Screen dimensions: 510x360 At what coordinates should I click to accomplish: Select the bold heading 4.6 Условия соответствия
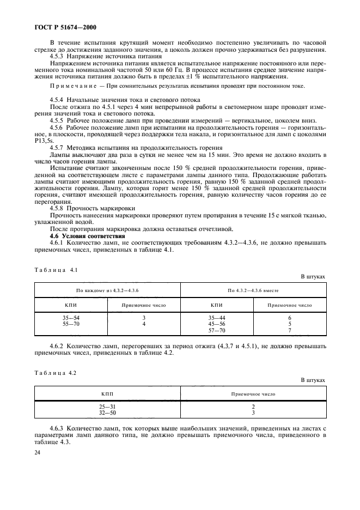[88, 236]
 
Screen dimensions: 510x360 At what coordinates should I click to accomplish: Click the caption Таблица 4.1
[56, 270]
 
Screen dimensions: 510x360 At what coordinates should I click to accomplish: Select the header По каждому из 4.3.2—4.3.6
[107, 290]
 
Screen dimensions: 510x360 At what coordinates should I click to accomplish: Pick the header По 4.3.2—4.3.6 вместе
[253, 290]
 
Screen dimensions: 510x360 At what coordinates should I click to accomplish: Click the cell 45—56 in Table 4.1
[216, 324]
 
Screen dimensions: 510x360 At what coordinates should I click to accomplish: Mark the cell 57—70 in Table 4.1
[216, 330]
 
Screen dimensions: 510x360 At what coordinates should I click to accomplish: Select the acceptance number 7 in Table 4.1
[290, 330]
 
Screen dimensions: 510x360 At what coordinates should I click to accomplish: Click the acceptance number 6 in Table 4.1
[290, 317]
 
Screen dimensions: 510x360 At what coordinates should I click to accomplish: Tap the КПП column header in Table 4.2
[107, 393]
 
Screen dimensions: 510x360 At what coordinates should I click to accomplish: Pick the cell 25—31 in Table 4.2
[107, 406]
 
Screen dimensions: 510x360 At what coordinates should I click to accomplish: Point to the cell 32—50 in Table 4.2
[107, 413]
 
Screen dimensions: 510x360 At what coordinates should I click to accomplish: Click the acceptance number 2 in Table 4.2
[253, 406]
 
